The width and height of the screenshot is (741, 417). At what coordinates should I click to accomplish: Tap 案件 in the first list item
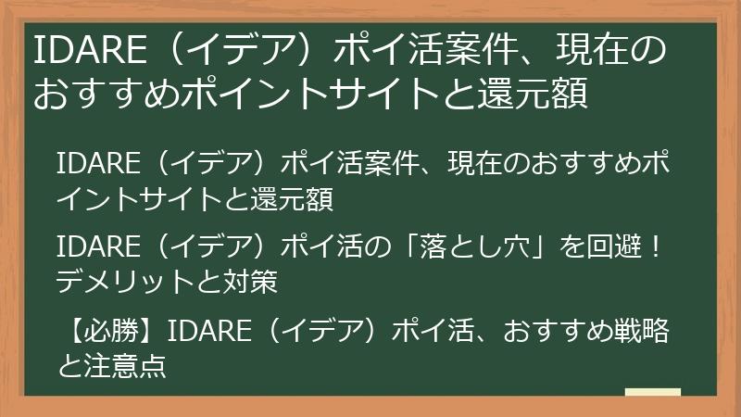[372, 166]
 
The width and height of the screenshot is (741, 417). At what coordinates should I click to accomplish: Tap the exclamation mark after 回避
[655, 249]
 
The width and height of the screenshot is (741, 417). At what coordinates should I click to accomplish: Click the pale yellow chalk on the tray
[652, 393]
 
